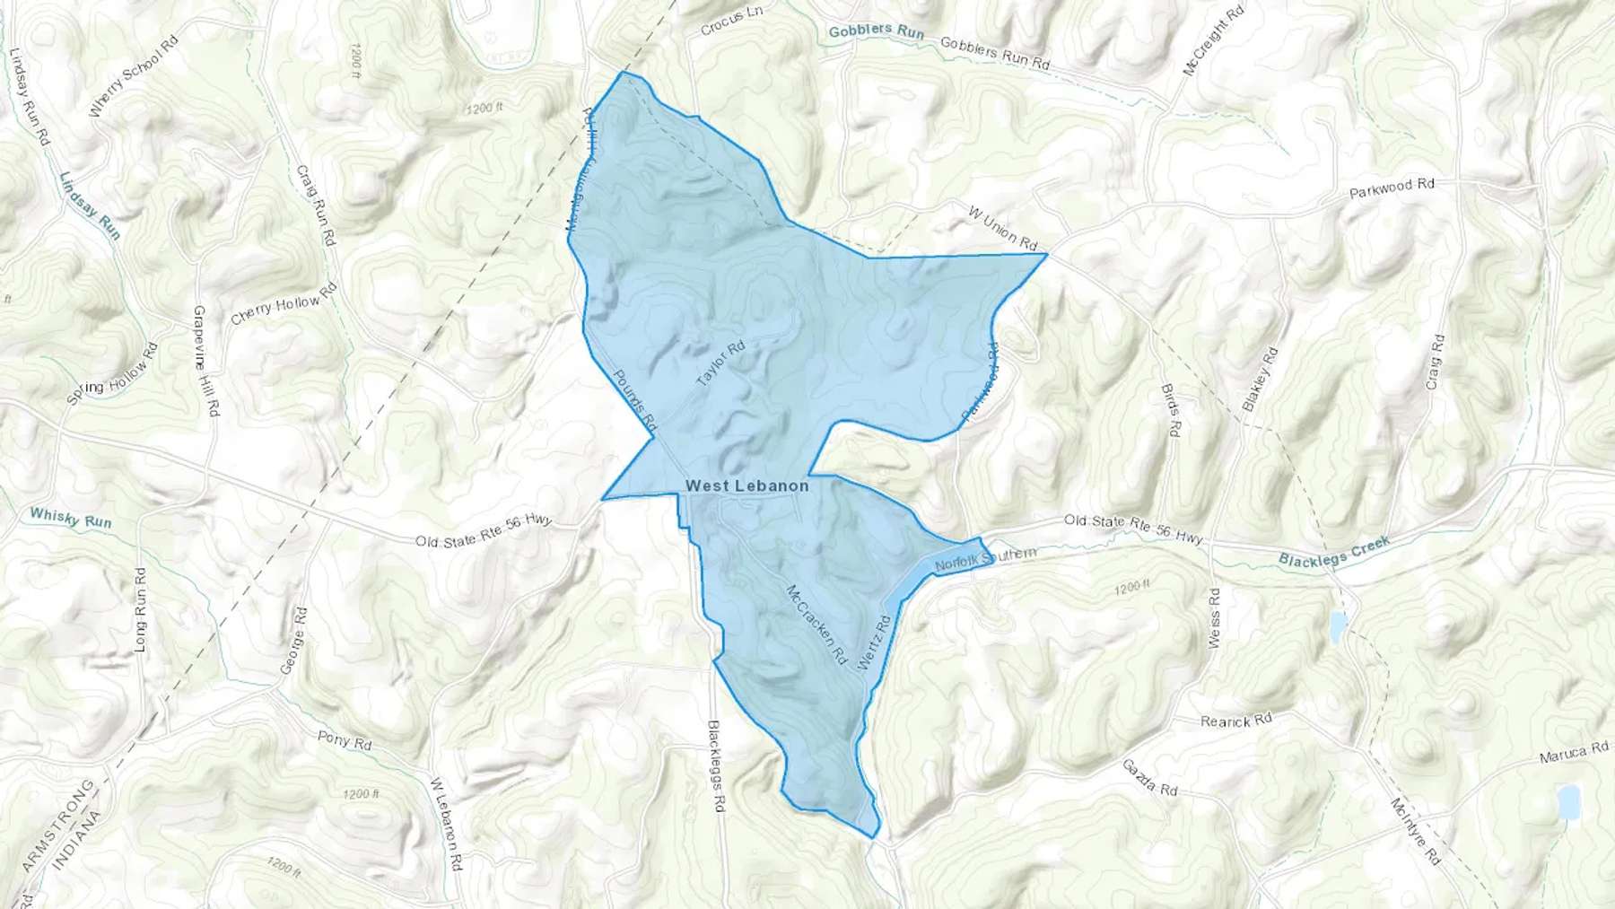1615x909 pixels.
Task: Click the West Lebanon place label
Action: click(746, 485)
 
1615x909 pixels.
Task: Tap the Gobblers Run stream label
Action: click(876, 31)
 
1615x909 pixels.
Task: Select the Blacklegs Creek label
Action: click(1334, 551)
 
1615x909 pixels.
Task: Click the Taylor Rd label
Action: click(720, 363)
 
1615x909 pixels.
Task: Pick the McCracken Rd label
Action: click(816, 625)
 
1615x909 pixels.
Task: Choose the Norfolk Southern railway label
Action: click(985, 561)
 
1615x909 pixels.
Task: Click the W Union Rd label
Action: click(1002, 228)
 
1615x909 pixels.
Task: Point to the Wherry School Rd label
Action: click(134, 78)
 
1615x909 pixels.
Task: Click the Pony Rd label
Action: click(345, 741)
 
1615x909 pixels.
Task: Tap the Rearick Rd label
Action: click(1236, 720)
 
